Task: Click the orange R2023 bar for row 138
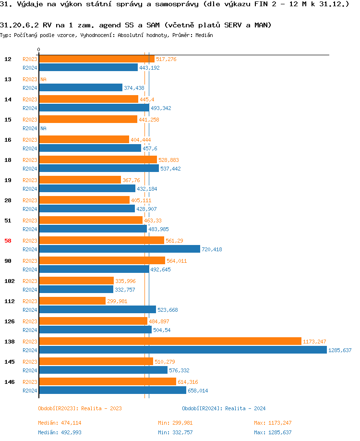170,341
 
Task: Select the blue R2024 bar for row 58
120,249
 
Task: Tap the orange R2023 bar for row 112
72,301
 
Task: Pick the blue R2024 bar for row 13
81,87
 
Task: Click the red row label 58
8,241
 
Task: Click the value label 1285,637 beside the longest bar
340,350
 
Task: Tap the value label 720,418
212,249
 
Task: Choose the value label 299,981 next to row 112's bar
117,301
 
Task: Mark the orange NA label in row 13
43,79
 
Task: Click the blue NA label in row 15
43,128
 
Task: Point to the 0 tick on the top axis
38,50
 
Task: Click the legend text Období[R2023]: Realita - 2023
80,408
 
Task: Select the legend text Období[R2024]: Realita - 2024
224,408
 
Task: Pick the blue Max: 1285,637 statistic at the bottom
273,432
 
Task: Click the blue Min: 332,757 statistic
175,432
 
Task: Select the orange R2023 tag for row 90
30,261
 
